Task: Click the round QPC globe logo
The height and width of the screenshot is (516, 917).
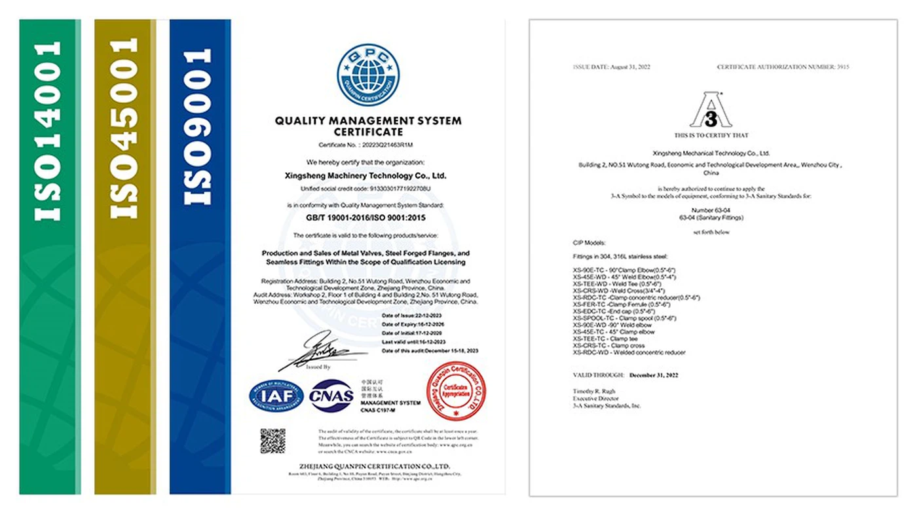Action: click(x=367, y=75)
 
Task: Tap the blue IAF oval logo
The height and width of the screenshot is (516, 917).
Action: click(x=276, y=396)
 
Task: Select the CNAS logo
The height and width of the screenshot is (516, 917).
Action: click(x=331, y=396)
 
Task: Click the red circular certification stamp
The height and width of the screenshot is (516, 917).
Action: click(x=456, y=391)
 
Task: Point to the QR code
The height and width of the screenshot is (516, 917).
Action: click(x=272, y=441)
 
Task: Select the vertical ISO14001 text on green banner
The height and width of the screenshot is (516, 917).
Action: click(x=49, y=131)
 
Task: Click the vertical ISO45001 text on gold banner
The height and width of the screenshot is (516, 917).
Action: click(x=124, y=128)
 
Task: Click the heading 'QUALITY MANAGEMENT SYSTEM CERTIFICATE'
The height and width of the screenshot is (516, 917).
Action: click(x=367, y=126)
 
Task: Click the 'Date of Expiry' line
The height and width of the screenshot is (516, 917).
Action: click(x=414, y=323)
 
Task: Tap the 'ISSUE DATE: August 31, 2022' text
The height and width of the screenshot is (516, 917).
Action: click(x=611, y=67)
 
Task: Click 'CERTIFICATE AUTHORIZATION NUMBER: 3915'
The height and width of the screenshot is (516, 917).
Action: click(x=783, y=67)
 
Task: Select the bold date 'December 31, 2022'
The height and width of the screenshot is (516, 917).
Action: click(x=654, y=375)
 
